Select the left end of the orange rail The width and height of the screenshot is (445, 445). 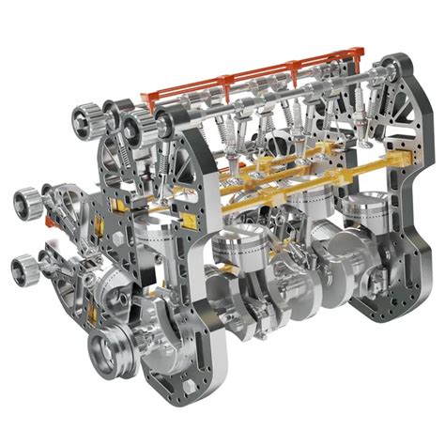(146, 97)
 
